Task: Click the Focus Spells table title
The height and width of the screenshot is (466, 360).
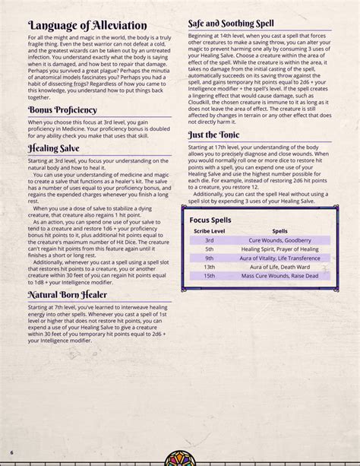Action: click(x=210, y=219)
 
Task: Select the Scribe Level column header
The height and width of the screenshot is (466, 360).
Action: click(x=209, y=229)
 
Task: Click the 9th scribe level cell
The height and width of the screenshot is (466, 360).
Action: click(x=209, y=258)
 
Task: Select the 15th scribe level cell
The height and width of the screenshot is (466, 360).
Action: click(x=209, y=277)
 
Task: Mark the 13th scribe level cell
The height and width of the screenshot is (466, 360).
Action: click(x=209, y=268)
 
